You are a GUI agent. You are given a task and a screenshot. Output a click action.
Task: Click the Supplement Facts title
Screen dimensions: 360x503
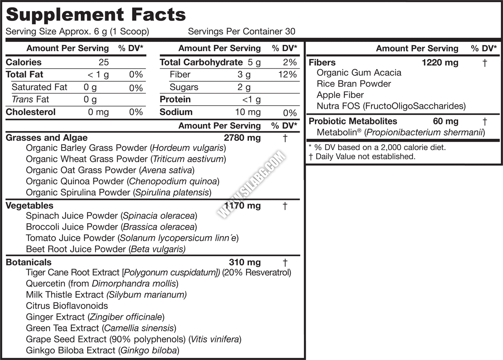tap(96, 15)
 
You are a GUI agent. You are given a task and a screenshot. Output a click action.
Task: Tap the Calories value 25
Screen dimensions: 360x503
tap(104, 62)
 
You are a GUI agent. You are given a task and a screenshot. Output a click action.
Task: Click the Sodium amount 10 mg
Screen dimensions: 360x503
tap(248, 112)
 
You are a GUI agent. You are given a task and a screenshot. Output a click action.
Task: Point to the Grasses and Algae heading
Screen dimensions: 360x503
tap(47, 137)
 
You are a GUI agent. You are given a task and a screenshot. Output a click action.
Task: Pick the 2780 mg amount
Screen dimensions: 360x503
tap(242, 137)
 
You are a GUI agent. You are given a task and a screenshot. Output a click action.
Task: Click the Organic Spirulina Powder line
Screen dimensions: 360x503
tap(119, 192)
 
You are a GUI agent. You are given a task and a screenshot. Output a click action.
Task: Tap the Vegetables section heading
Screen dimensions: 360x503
tap(29, 205)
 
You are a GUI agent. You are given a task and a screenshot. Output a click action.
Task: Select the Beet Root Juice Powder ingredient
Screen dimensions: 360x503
tap(106, 249)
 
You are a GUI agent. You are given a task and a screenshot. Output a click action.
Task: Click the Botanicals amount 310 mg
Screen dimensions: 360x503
tap(245, 262)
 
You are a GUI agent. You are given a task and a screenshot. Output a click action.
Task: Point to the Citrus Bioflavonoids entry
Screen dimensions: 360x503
tap(67, 306)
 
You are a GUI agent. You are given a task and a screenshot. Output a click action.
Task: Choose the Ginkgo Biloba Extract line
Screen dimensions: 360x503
tap(103, 350)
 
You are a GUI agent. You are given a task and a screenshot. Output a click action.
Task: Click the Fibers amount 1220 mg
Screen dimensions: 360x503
tap(440, 63)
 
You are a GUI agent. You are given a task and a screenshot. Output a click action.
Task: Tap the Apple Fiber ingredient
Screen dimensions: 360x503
tap(340, 95)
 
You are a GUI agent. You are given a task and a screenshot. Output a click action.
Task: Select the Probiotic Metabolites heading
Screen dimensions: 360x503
tap(353, 121)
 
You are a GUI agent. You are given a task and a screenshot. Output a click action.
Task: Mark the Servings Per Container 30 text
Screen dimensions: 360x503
tap(241, 31)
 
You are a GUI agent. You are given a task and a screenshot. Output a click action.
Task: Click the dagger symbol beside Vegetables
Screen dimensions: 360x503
tap(285, 206)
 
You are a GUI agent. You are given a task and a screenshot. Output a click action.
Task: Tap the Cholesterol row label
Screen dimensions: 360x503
tap(31, 112)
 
